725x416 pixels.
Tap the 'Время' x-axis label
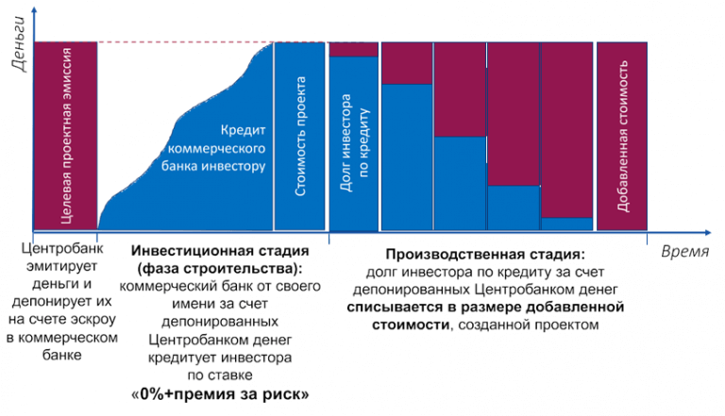point(683,252)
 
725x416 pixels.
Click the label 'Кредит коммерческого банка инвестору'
point(216,147)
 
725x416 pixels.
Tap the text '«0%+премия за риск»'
point(220,392)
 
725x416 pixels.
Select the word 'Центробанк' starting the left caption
point(63,251)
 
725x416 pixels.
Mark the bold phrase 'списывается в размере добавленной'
point(485,308)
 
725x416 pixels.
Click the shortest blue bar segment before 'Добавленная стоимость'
point(567,224)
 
